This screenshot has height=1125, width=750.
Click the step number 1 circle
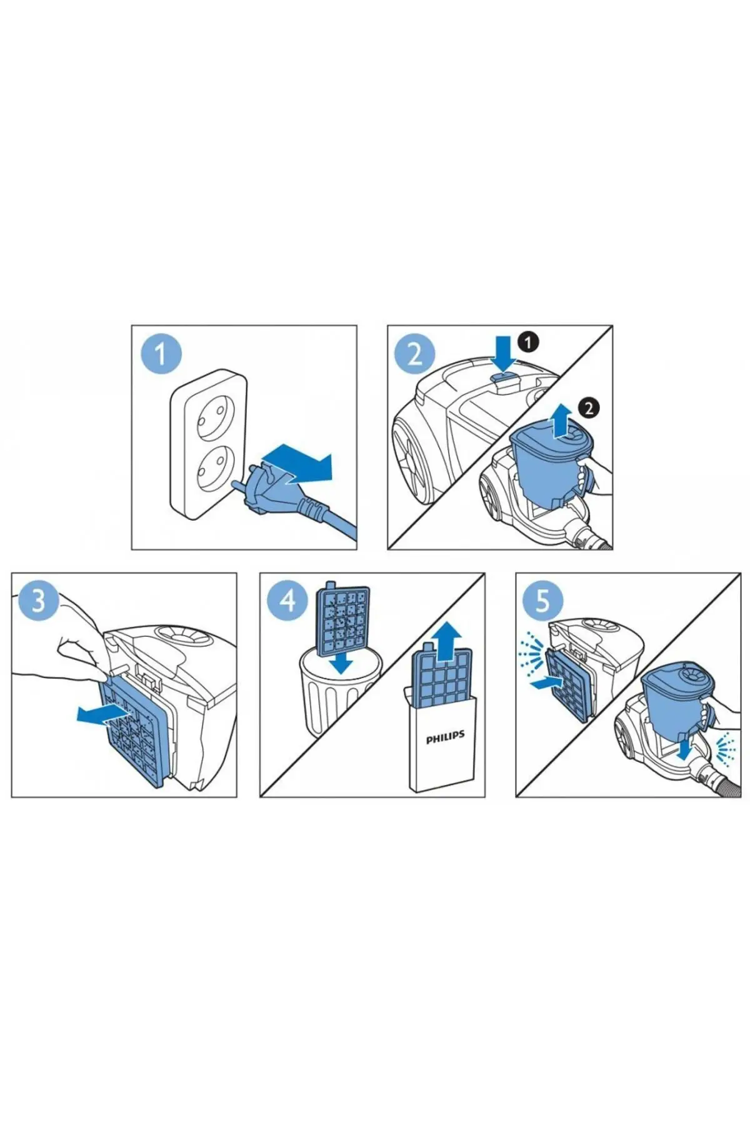point(161,354)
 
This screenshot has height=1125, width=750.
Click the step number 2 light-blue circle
point(415,354)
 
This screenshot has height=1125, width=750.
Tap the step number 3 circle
point(39,601)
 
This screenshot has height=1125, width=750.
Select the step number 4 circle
point(287,601)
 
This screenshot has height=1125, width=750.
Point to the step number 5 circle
point(542,601)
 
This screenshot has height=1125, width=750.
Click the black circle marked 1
point(528,342)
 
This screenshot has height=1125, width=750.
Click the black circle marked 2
point(588,408)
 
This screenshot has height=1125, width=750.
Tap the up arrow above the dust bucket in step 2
point(561,419)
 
